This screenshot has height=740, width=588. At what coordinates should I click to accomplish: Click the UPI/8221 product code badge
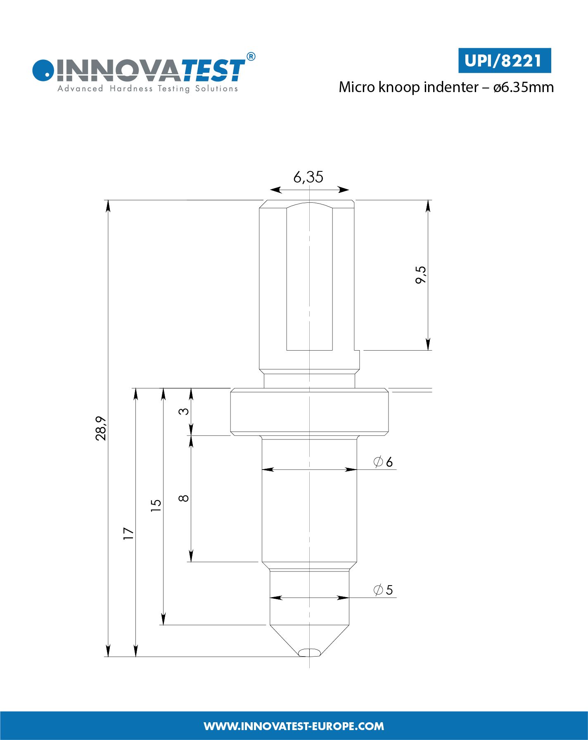pos(504,61)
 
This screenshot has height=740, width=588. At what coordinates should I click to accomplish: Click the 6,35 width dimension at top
pos(308,177)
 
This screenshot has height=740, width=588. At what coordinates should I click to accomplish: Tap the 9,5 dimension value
pos(421,275)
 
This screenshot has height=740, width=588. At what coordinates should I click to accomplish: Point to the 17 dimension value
pos(129,533)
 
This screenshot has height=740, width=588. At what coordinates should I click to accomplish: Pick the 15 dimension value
pos(156,505)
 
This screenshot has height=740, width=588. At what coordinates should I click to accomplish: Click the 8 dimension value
pos(184,498)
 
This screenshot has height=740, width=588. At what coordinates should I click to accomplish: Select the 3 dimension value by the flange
pos(184,411)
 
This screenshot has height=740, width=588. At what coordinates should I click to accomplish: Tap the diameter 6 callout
pos(383,462)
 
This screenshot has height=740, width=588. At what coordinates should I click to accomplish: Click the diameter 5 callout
pos(383,590)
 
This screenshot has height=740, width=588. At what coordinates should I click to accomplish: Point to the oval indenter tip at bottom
pos(309,652)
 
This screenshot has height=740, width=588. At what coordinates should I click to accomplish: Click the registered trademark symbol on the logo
pos(250,57)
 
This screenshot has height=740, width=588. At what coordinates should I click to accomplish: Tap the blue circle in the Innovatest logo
pos(43,70)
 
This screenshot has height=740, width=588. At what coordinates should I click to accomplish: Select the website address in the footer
pos(294,726)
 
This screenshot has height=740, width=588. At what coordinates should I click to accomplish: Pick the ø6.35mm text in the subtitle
pos(524,87)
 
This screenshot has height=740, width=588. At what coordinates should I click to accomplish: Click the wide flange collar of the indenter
pos(309,412)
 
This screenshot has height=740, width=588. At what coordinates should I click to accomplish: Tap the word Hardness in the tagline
pos(131,88)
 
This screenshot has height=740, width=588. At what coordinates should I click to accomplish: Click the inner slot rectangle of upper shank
pos(309,277)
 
